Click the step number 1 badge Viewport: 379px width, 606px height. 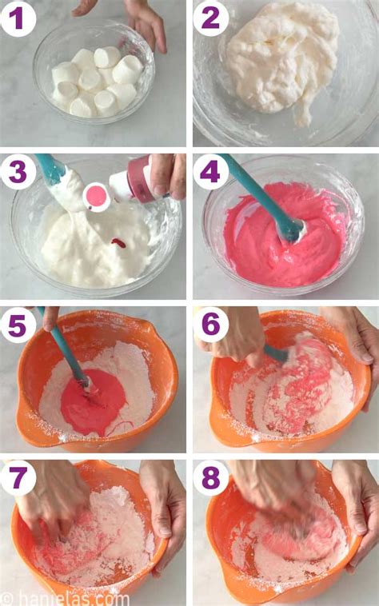coord(18,18)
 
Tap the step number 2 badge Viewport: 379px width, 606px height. coord(209,18)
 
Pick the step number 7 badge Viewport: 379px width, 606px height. coord(18,478)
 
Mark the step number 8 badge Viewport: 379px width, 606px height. coord(209,478)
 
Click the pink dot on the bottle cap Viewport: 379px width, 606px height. coord(98,196)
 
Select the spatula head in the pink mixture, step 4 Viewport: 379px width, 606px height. coord(289,229)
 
